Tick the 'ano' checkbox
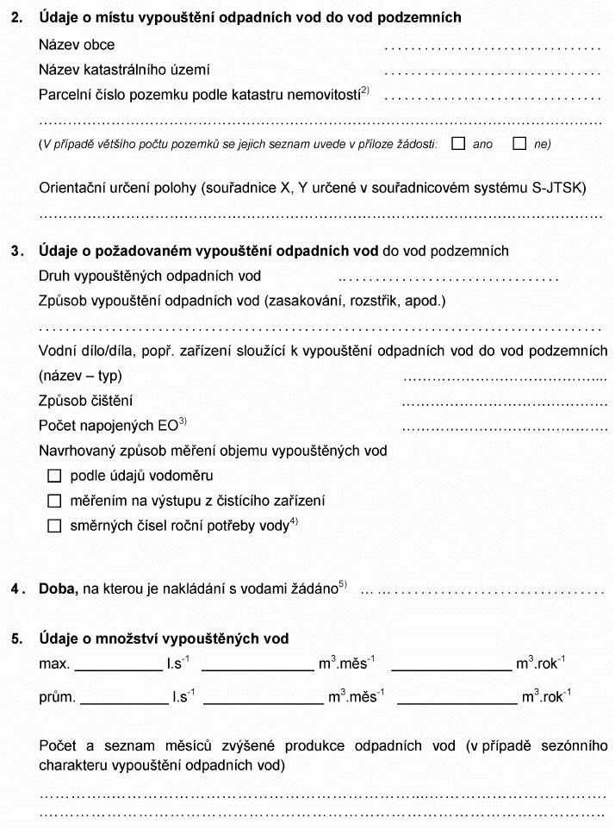(x=457, y=144)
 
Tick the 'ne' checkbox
(x=519, y=144)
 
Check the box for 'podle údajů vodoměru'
(x=55, y=476)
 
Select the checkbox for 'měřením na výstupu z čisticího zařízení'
(x=55, y=501)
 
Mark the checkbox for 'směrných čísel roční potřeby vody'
(x=55, y=526)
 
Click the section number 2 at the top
(x=16, y=17)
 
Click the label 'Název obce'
(x=77, y=45)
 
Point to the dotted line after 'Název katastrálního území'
(x=492, y=72)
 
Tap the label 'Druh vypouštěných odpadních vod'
(x=150, y=277)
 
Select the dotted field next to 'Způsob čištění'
(x=505, y=402)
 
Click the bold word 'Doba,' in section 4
(x=58, y=589)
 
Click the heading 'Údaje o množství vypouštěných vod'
(x=164, y=639)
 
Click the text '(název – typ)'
(x=81, y=376)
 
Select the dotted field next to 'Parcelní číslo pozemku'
(x=492, y=97)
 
